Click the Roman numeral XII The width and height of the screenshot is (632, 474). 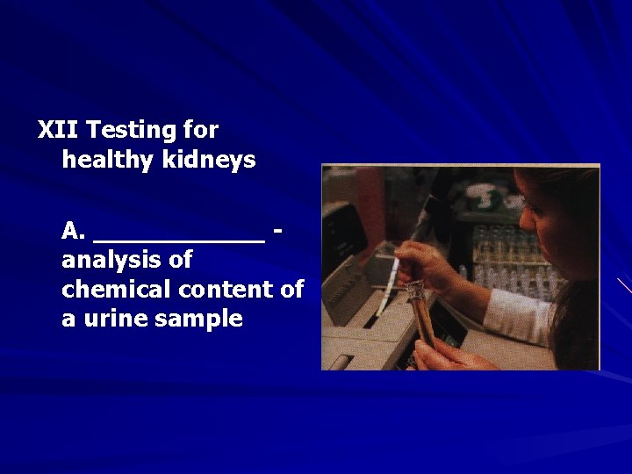tap(58, 131)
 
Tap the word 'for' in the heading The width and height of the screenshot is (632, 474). tap(201, 131)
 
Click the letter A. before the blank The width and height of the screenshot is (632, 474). tap(73, 232)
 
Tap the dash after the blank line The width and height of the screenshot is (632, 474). tap(278, 233)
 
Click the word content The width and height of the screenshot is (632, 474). tap(233, 290)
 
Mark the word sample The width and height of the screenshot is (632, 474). tap(198, 319)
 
